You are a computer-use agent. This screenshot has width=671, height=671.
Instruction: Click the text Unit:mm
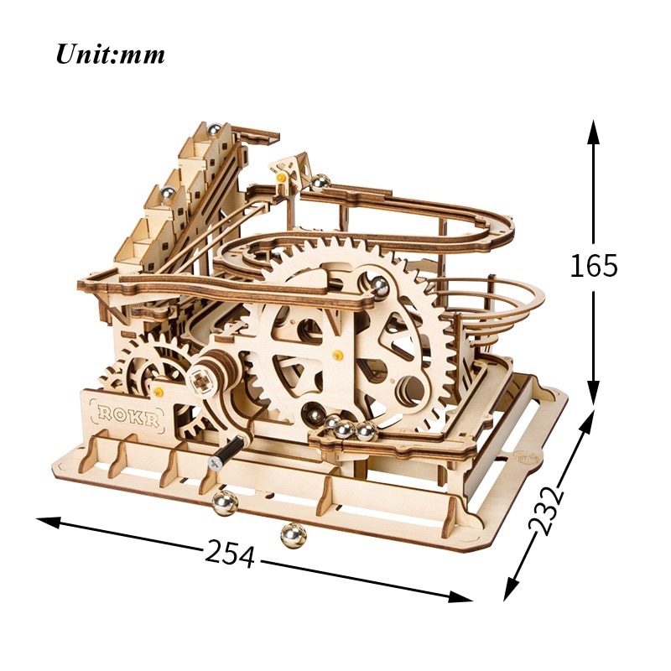point(110,55)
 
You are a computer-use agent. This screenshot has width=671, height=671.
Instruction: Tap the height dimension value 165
point(594,266)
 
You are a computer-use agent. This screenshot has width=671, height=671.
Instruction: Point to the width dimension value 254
point(230,554)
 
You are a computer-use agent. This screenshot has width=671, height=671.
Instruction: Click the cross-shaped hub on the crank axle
point(200,382)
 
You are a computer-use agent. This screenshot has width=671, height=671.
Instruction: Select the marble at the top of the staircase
point(215,130)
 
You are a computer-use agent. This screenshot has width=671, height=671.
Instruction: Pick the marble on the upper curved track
point(320,183)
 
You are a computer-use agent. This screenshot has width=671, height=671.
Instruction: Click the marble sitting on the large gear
point(379,284)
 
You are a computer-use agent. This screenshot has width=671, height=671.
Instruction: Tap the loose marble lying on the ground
point(294,535)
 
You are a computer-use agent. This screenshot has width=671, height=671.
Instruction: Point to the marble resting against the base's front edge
point(225,503)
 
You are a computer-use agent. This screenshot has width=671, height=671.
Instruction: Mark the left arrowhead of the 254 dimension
point(48,521)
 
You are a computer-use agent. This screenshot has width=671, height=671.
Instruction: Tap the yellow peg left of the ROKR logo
point(159,391)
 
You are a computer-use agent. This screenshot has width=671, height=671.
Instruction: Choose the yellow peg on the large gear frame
point(338,354)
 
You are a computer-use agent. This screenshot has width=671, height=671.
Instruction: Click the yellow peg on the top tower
point(282,177)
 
